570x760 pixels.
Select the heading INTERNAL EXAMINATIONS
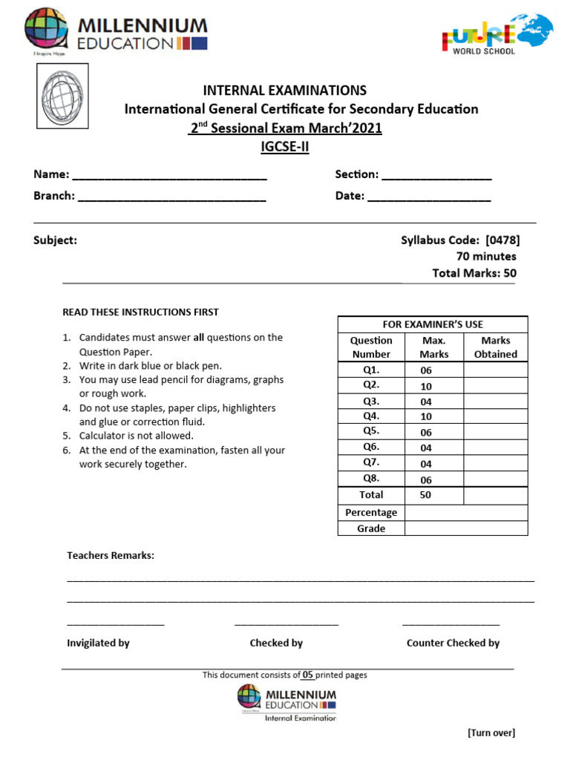click(285, 91)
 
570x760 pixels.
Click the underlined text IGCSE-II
click(285, 146)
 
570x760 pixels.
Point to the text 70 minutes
click(486, 256)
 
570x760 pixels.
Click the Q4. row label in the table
click(371, 416)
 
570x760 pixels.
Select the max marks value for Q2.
click(426, 386)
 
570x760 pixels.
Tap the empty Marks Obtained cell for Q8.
click(495, 479)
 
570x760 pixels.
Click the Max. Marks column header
click(433, 347)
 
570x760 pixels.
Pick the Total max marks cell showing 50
click(426, 495)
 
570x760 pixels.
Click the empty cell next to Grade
click(465, 528)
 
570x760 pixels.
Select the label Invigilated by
click(98, 643)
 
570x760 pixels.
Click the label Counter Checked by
click(453, 643)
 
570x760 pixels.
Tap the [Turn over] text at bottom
click(491, 733)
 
